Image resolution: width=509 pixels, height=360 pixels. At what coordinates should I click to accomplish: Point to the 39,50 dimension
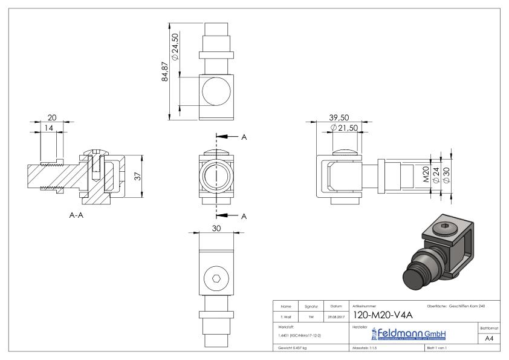(x=336, y=117)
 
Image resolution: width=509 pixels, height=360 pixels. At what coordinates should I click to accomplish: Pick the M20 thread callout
(x=426, y=175)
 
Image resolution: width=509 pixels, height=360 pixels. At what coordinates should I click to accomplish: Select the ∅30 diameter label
(x=446, y=175)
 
